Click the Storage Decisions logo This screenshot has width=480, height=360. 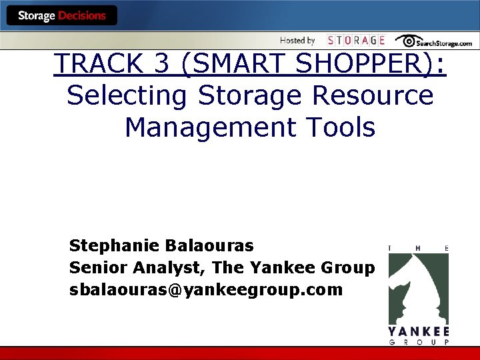(x=61, y=15)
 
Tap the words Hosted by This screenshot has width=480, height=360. (x=297, y=41)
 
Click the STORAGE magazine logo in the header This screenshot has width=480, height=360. (x=356, y=41)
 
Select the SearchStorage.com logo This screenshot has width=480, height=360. (x=433, y=41)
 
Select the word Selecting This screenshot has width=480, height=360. (x=127, y=95)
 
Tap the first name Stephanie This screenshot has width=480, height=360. (x=111, y=246)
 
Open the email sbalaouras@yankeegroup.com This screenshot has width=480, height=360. (x=206, y=290)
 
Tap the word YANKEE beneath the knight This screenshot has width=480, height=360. (x=419, y=331)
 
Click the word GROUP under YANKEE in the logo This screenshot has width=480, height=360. (x=419, y=343)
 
